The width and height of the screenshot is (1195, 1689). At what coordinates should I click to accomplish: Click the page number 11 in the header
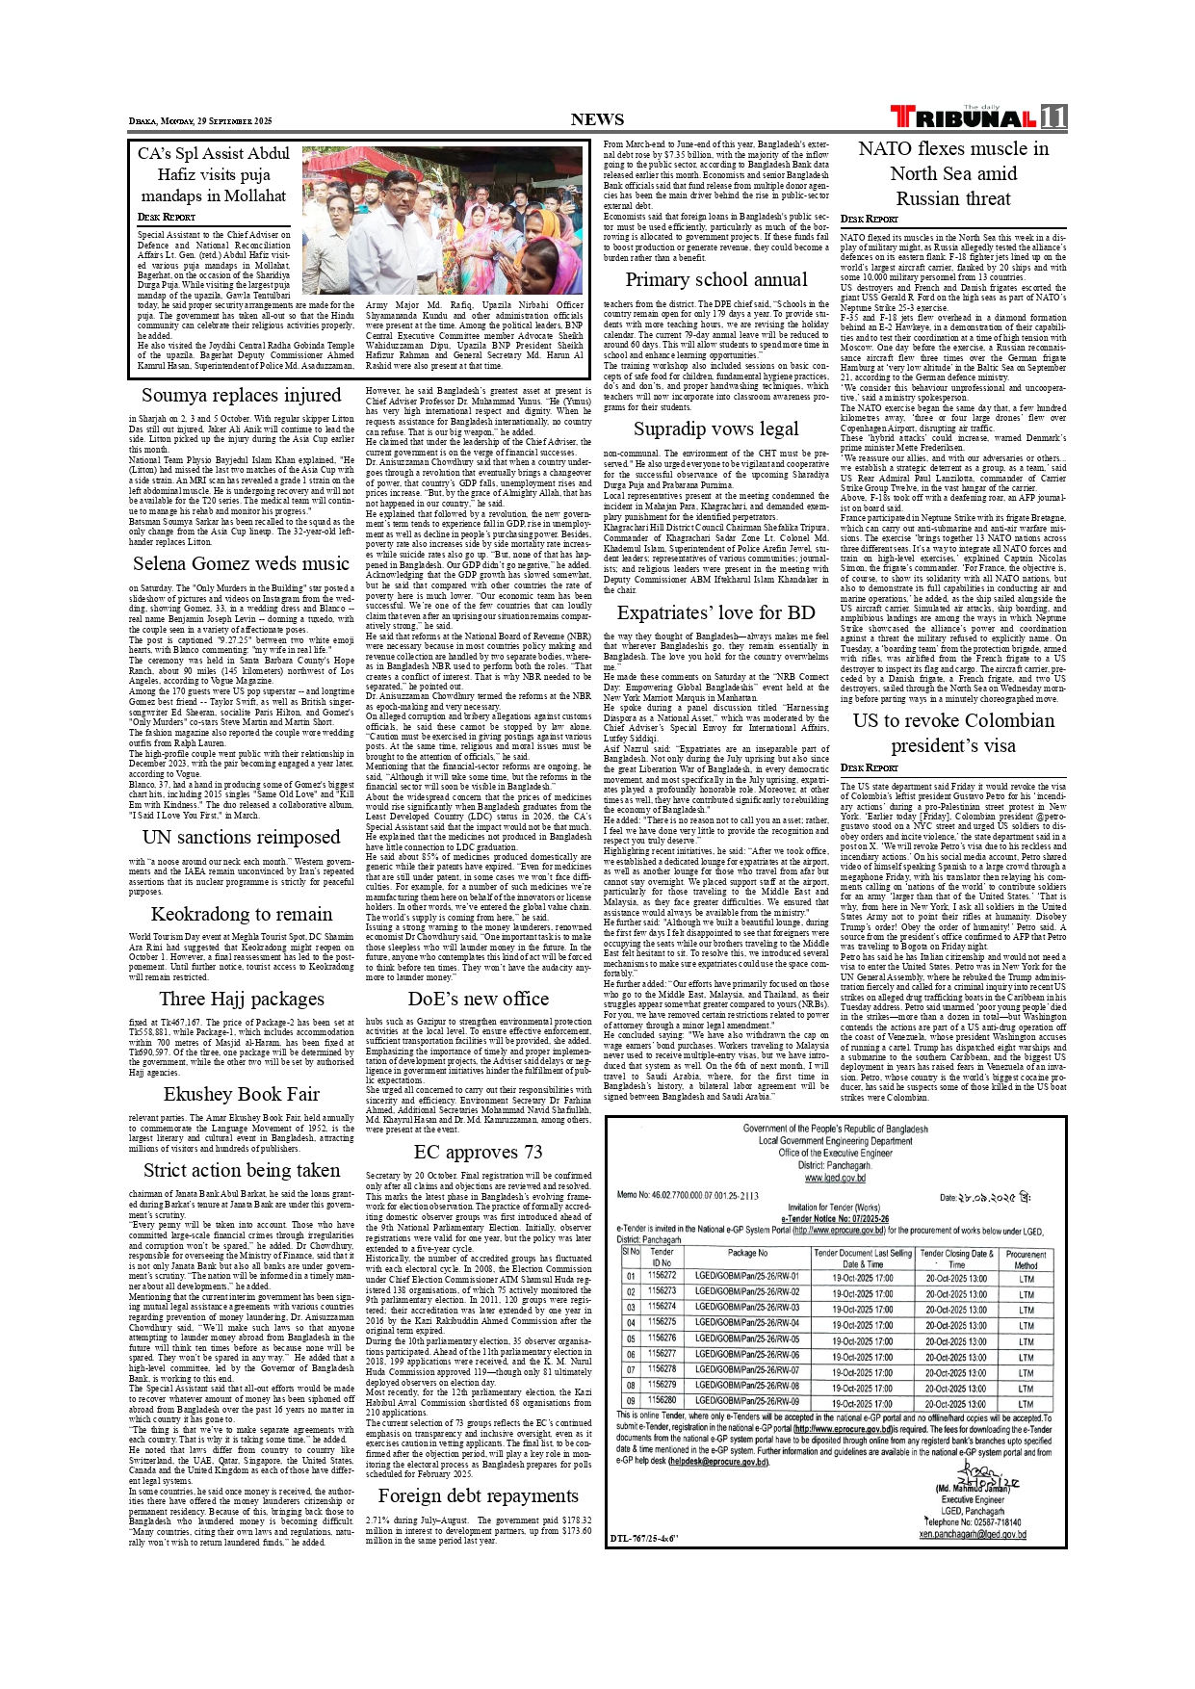click(x=1053, y=117)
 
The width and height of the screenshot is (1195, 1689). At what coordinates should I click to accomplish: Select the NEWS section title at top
click(x=597, y=119)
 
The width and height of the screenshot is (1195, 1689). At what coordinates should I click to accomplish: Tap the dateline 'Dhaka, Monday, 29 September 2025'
click(x=201, y=121)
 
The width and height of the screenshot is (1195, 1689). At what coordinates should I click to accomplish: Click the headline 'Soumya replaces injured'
click(x=241, y=395)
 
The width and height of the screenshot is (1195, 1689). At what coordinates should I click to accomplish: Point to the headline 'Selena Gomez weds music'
click(x=241, y=563)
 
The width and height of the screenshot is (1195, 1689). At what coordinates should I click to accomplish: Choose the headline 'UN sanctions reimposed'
click(x=241, y=837)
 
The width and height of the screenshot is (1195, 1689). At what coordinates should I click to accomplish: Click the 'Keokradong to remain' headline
click(x=241, y=914)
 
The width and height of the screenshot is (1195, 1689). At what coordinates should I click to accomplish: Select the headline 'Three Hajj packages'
click(x=241, y=999)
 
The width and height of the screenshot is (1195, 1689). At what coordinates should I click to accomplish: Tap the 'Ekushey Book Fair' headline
click(x=241, y=1094)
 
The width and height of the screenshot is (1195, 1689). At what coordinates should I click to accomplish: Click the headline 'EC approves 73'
click(x=478, y=1152)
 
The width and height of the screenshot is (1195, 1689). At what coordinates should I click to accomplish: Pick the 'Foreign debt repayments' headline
click(x=478, y=1495)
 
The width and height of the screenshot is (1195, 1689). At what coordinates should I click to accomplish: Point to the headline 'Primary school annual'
click(x=716, y=279)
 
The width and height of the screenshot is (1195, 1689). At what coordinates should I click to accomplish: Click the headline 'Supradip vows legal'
click(x=716, y=429)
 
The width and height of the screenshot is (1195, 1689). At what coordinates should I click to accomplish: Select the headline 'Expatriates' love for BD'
click(x=716, y=612)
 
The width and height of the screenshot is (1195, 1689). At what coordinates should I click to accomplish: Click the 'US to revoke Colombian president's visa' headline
click(x=953, y=733)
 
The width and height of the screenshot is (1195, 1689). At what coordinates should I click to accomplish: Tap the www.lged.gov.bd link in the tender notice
click(x=835, y=1178)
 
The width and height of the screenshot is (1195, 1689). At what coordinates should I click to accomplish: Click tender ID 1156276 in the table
click(x=662, y=1338)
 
